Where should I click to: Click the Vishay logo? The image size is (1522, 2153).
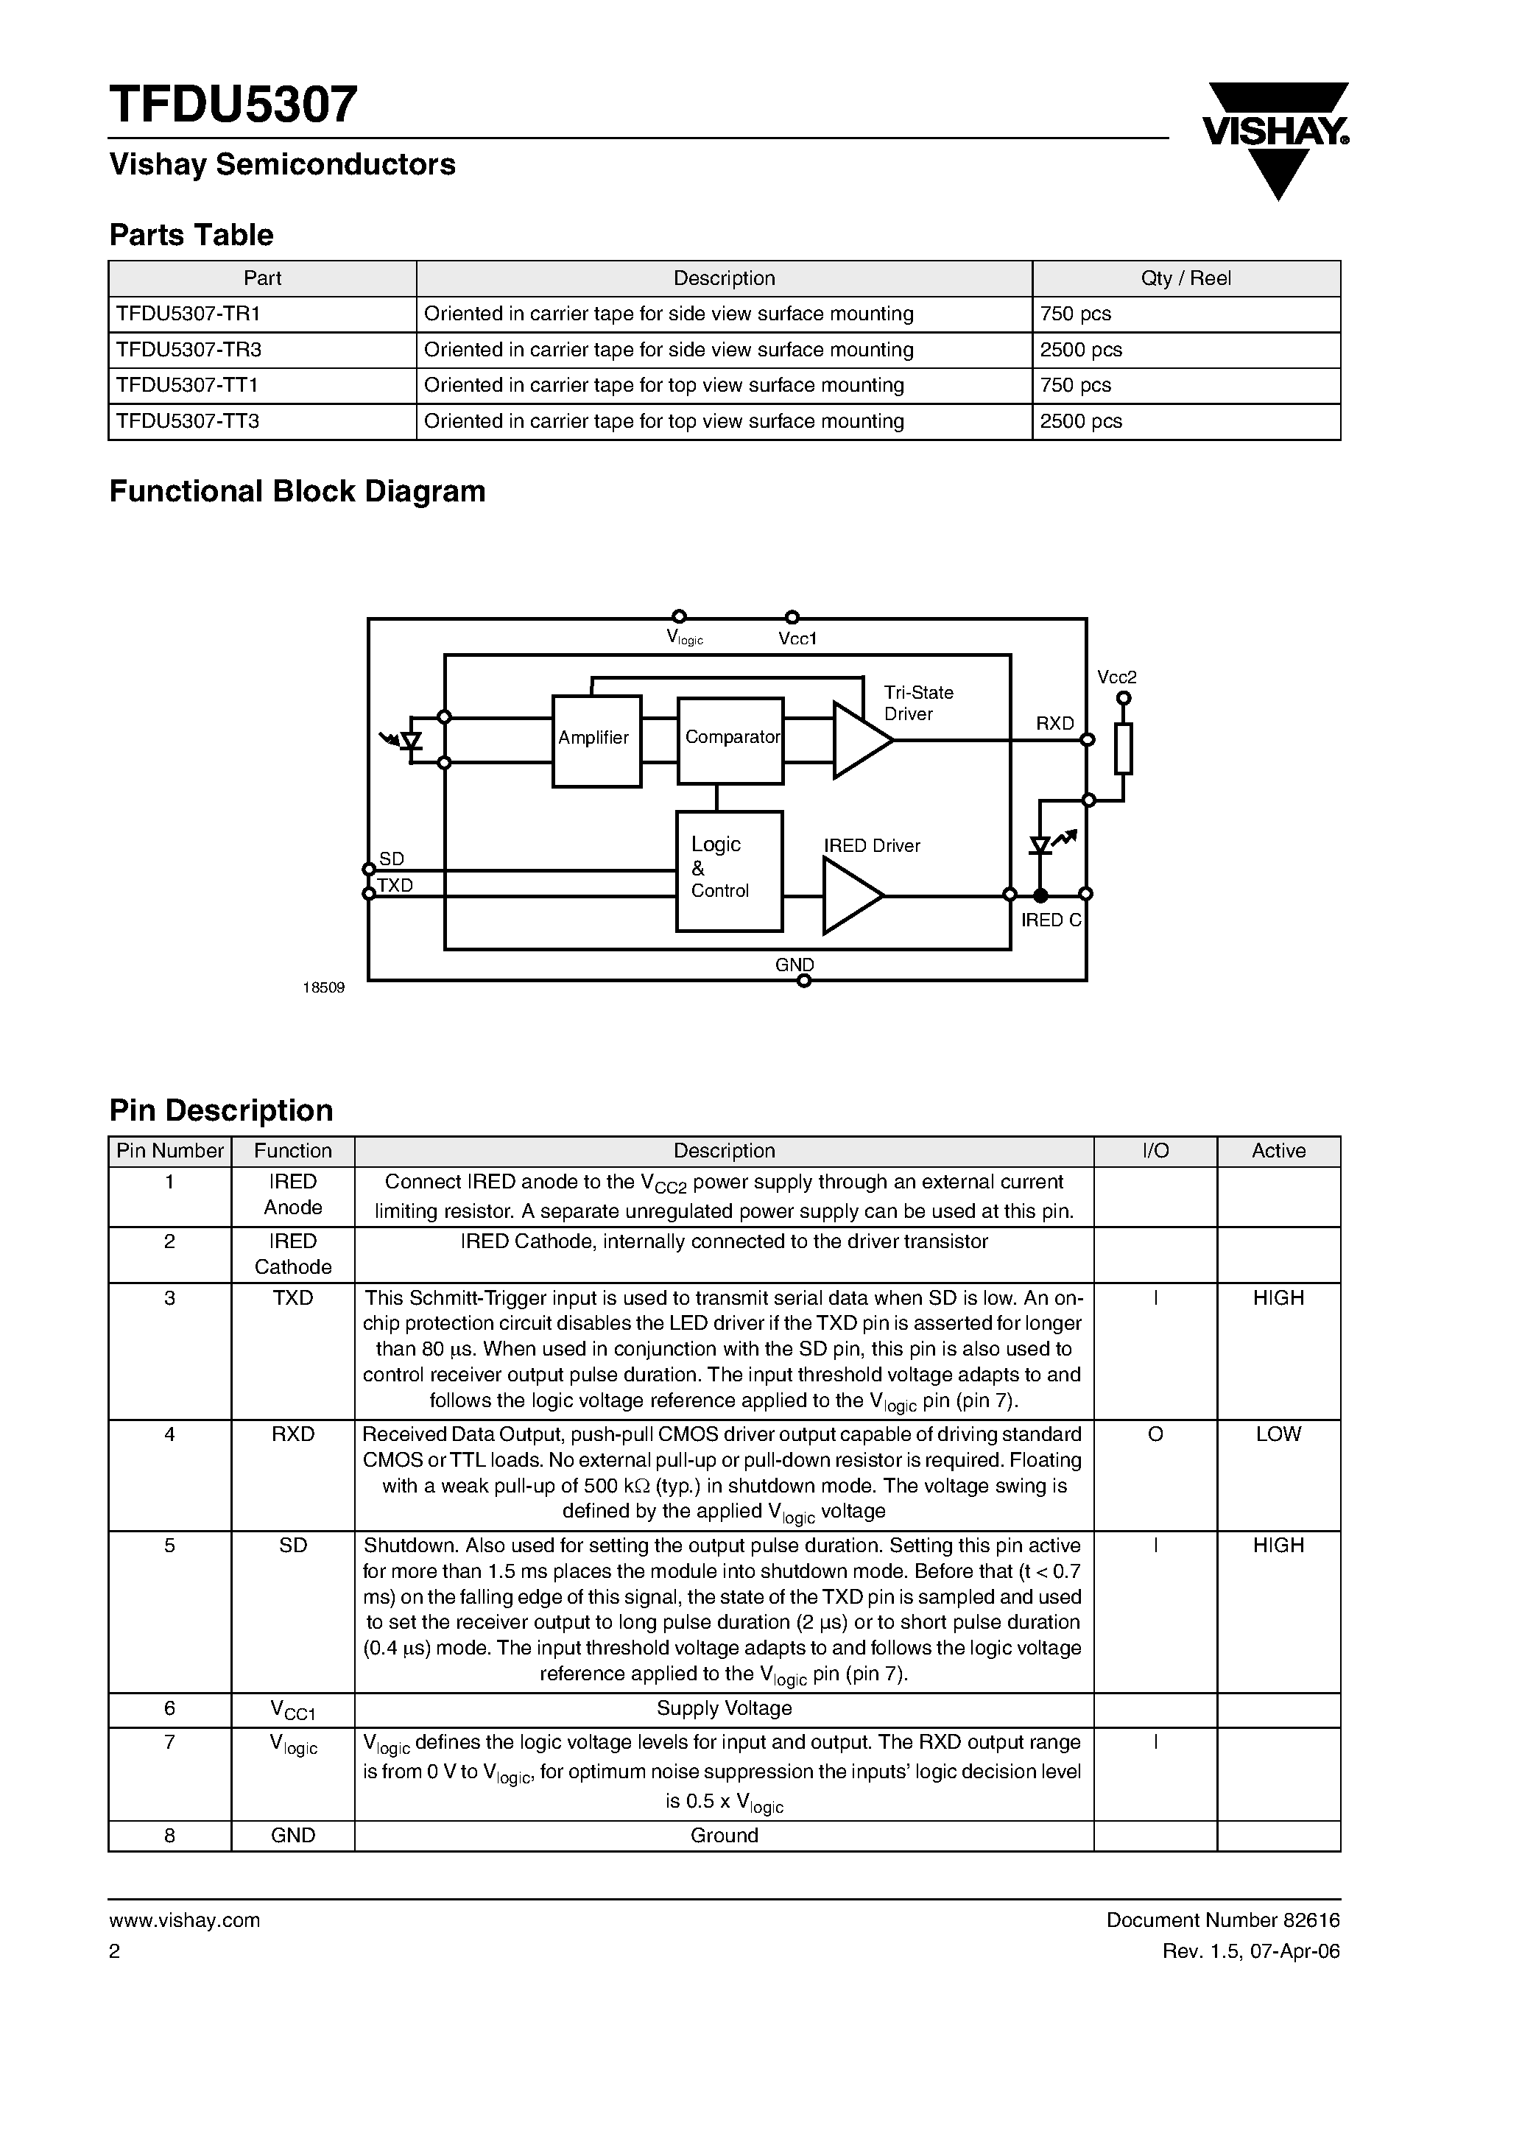[x=1276, y=138]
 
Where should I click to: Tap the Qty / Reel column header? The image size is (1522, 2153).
[x=1185, y=278]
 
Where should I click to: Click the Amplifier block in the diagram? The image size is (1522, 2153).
[x=596, y=740]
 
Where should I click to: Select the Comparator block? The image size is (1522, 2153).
[x=730, y=740]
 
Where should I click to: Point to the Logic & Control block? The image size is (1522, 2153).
[x=729, y=870]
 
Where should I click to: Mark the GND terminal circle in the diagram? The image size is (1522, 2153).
[x=803, y=981]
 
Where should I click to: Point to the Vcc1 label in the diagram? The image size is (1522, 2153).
[x=797, y=638]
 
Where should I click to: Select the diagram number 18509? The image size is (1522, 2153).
[x=323, y=988]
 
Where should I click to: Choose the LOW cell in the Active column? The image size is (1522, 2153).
[x=1278, y=1434]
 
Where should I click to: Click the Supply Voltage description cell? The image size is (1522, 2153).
[x=724, y=1708]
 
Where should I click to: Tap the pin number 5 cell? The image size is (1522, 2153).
[x=170, y=1546]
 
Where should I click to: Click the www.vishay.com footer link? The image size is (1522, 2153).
[x=185, y=1920]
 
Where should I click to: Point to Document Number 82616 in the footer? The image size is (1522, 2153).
[x=1223, y=1920]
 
